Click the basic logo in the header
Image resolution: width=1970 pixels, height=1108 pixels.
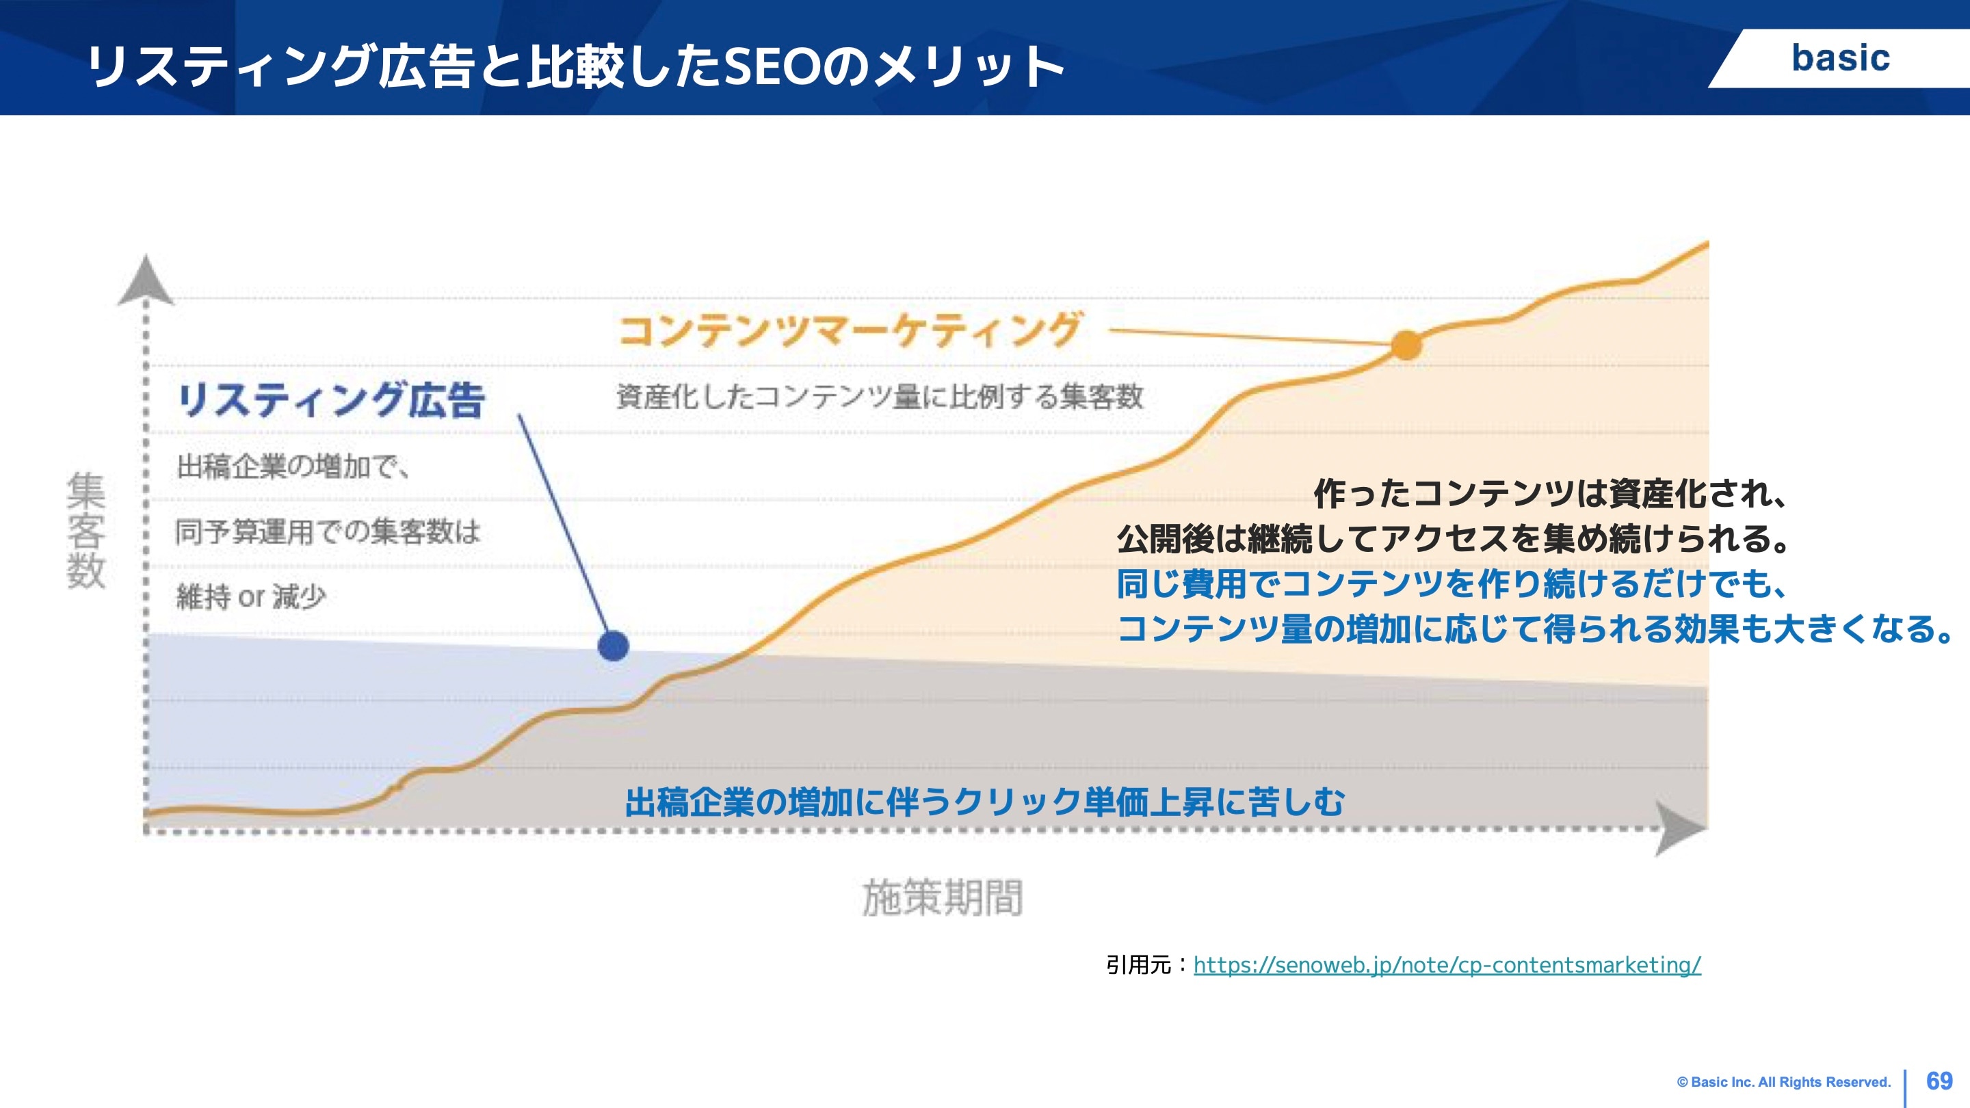1840,58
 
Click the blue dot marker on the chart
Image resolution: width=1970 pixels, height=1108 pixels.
614,646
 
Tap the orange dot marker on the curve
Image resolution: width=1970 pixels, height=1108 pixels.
1406,345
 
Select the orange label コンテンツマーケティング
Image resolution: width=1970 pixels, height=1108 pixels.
849,330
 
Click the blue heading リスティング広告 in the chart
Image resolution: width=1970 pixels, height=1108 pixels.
331,400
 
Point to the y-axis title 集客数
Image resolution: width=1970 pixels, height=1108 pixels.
86,530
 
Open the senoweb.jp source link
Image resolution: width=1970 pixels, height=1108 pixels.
1447,965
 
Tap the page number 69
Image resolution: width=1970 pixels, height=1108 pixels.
1939,1081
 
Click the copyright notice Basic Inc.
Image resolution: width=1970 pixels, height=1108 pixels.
1783,1082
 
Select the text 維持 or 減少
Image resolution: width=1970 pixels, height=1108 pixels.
251,596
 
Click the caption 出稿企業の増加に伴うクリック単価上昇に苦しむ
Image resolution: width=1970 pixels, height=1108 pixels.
984,802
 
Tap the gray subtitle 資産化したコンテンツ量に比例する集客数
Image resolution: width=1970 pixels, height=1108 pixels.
880,396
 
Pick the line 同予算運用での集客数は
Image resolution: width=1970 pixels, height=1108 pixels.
328,531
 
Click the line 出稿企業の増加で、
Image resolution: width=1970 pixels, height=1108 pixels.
293,466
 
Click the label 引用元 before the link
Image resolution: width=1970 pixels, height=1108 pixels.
1138,965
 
